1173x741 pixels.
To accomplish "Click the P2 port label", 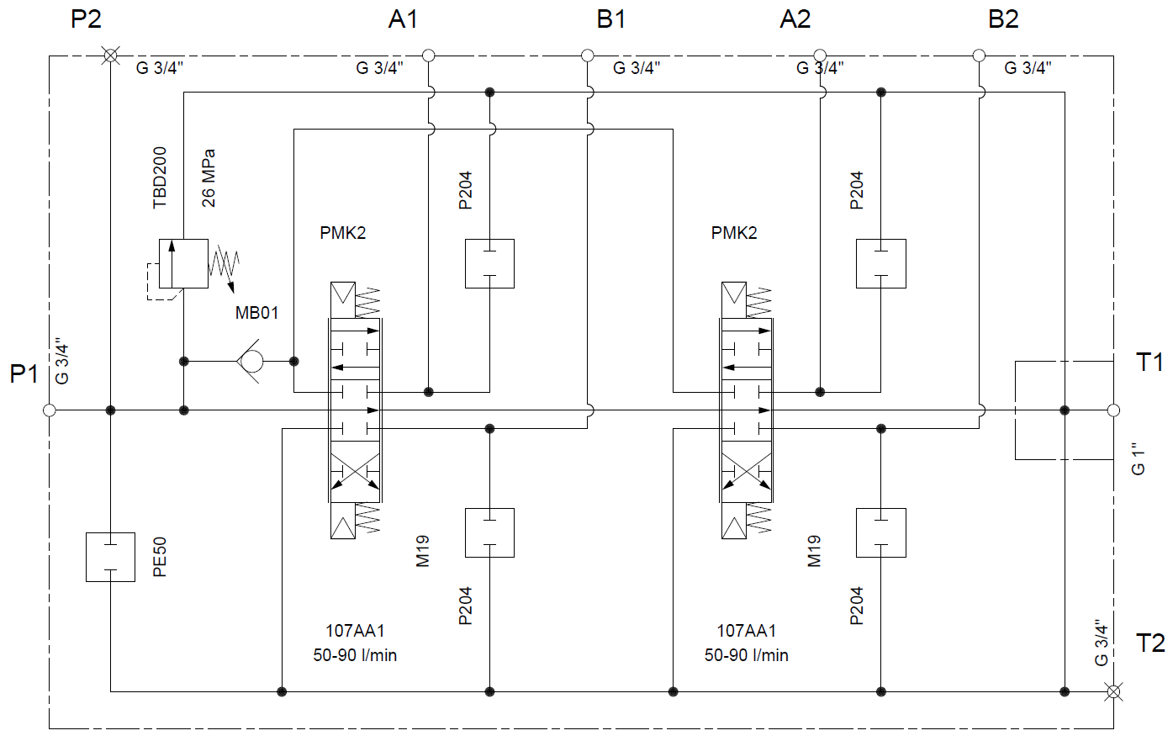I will coord(86,19).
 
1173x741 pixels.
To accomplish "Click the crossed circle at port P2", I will coord(110,56).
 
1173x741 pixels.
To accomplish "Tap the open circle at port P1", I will coord(50,410).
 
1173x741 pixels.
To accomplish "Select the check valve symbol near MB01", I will coord(251,362).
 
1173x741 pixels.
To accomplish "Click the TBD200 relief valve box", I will coord(183,263).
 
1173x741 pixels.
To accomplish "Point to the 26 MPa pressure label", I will coord(209,178).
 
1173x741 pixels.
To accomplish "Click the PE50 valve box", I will coord(110,557).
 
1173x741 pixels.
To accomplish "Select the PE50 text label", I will coord(160,557).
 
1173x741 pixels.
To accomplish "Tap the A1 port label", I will coord(403,19).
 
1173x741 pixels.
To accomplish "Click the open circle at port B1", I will coord(588,56).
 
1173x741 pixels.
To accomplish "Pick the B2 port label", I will coord(1003,19).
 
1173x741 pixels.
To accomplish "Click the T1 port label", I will coord(1149,363).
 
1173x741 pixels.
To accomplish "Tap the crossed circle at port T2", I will coord(1113,692).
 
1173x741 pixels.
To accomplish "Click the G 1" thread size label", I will coord(1139,459).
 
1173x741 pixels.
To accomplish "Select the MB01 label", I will coord(256,313).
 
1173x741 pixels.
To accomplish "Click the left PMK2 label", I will coord(343,233).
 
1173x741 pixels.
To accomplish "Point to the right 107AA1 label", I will coord(747,631).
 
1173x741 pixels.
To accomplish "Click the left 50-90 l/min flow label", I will coord(355,655).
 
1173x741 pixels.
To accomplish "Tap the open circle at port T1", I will coord(1113,410).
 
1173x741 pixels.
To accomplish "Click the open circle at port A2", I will coord(820,56).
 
